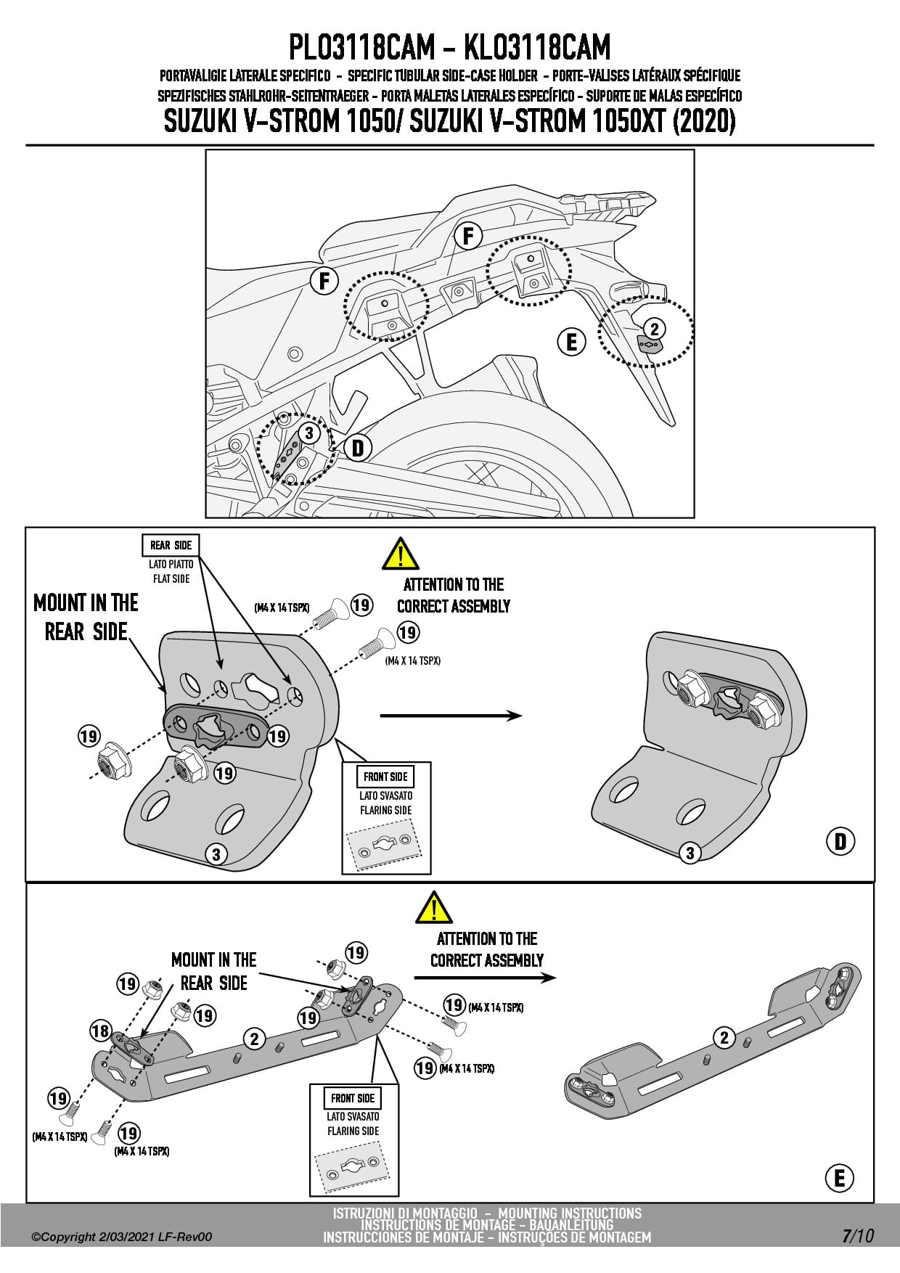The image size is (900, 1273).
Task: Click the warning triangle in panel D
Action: point(400,554)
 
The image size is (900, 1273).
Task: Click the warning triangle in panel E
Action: point(434,907)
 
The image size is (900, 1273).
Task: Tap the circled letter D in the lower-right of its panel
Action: point(840,841)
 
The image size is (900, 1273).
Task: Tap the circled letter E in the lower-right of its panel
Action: point(840,1177)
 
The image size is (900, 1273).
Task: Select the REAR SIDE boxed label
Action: point(171,546)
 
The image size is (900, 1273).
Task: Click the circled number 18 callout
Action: point(100,1031)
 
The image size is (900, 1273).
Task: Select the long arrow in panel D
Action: point(451,716)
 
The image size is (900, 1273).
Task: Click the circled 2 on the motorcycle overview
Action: point(654,329)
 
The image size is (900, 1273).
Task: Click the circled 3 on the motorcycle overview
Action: point(308,433)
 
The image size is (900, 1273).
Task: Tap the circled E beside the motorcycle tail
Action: point(571,341)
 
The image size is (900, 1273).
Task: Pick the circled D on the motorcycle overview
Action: point(357,448)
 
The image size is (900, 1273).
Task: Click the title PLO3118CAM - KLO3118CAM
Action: point(449,48)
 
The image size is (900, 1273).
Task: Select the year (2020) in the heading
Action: point(704,122)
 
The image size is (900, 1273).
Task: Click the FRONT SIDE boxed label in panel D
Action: point(385,777)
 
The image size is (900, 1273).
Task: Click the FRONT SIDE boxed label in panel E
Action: point(353,1098)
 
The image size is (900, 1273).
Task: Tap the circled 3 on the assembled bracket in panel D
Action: point(690,853)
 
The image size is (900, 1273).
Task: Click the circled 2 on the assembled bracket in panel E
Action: point(724,1037)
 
